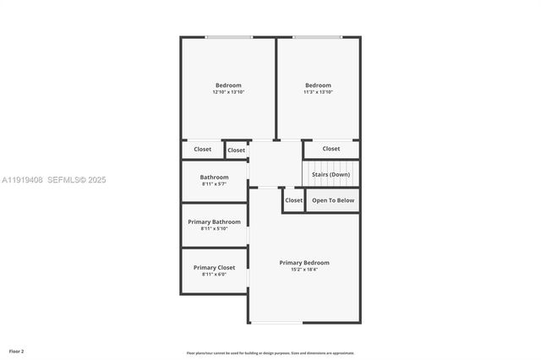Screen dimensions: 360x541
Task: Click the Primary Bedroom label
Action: [x=304, y=263]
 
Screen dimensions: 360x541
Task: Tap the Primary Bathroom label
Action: [x=214, y=221]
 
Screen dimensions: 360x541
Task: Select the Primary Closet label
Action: [x=214, y=267]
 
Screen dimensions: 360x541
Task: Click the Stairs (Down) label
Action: [x=331, y=174]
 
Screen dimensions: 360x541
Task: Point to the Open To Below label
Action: [x=333, y=200]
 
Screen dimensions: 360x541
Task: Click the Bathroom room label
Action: [x=214, y=177]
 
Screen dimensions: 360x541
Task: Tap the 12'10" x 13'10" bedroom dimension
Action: [x=228, y=92]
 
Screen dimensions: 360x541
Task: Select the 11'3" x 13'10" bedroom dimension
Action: [x=318, y=92]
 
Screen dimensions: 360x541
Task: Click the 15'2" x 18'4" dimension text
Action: [x=304, y=270]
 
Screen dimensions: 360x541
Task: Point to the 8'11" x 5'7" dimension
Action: [x=214, y=184]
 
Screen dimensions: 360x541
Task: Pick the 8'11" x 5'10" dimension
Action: [x=214, y=228]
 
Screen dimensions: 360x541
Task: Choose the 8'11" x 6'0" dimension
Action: [x=214, y=274]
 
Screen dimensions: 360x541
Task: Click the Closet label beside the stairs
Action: [x=331, y=149]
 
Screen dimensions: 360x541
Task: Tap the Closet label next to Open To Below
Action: [x=293, y=200]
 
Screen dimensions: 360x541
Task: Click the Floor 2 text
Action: [x=17, y=351]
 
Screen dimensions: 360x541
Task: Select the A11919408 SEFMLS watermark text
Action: [x=53, y=180]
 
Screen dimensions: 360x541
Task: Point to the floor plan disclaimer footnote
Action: [x=270, y=353]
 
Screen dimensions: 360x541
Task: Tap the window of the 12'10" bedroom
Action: [x=229, y=37]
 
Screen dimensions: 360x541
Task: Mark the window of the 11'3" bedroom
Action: [x=318, y=37]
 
